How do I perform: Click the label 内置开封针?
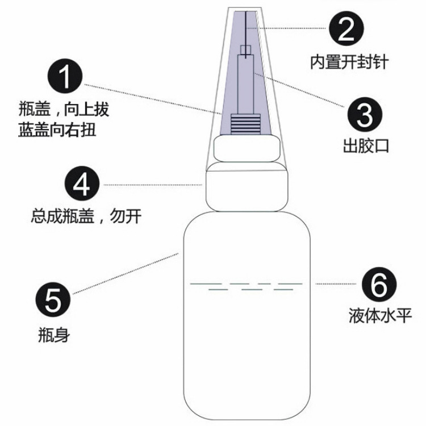click(349, 61)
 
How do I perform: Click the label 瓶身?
click(53, 335)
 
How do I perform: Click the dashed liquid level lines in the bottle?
click(246, 286)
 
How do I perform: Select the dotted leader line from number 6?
click(335, 283)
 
